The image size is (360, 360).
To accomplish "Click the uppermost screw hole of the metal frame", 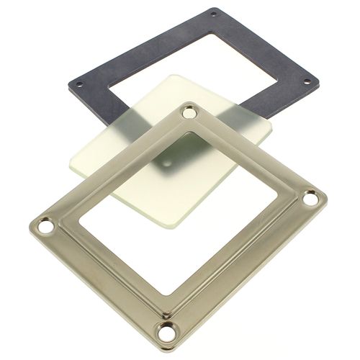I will tap(190, 113).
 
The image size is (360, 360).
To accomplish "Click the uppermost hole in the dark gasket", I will tap(213, 12).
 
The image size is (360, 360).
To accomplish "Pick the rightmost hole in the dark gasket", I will tap(307, 81).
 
